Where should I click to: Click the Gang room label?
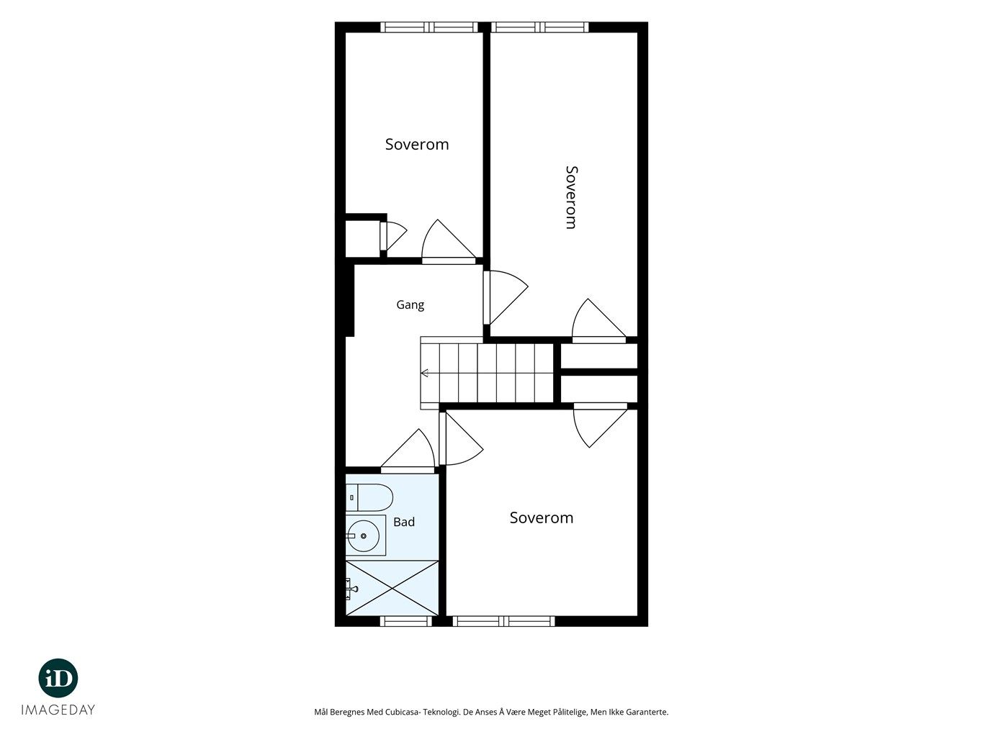(410, 305)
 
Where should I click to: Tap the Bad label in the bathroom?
(403, 522)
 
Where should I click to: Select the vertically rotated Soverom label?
(572, 197)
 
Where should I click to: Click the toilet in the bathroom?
(369, 497)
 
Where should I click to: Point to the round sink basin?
(363, 535)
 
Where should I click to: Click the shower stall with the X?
(392, 588)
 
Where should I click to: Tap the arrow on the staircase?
(425, 373)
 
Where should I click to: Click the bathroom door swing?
(408, 450)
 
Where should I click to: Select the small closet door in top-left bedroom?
(393, 236)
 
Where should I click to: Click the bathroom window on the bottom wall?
(406, 621)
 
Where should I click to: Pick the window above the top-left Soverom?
(429, 27)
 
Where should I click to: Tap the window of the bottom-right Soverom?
(503, 621)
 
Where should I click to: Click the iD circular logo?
(58, 678)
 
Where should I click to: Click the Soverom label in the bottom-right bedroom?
(542, 517)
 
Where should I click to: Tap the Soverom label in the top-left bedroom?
(417, 145)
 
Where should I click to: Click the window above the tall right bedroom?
(540, 27)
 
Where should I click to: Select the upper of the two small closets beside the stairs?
(598, 356)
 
